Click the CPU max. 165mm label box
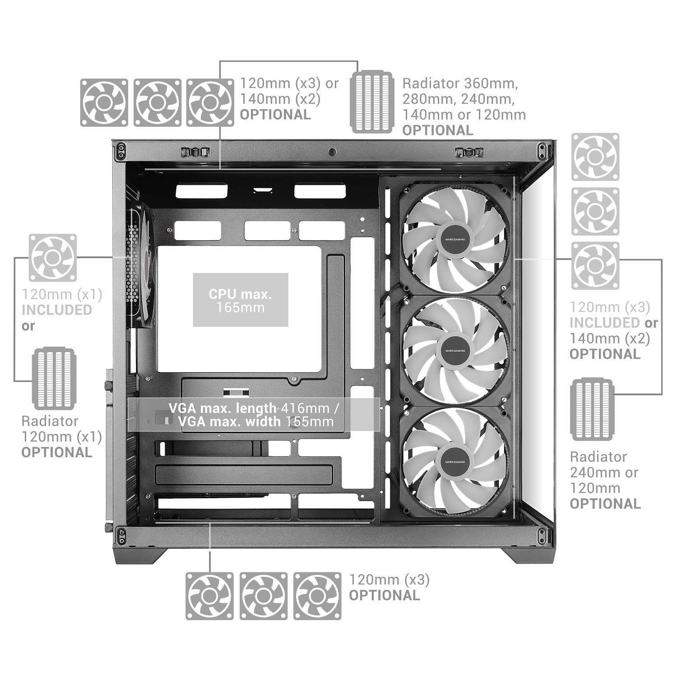coord(241,300)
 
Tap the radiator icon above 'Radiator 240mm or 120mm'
coord(592,409)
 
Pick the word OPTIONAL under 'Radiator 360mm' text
coord(438,130)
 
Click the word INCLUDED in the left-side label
coord(57,310)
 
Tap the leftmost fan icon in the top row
coord(104,102)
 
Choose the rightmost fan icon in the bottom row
coord(318,596)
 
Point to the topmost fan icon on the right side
coord(595,157)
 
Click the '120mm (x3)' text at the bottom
coord(390,580)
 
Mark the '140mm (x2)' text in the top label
coord(280,99)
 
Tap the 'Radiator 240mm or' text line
coord(604,473)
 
